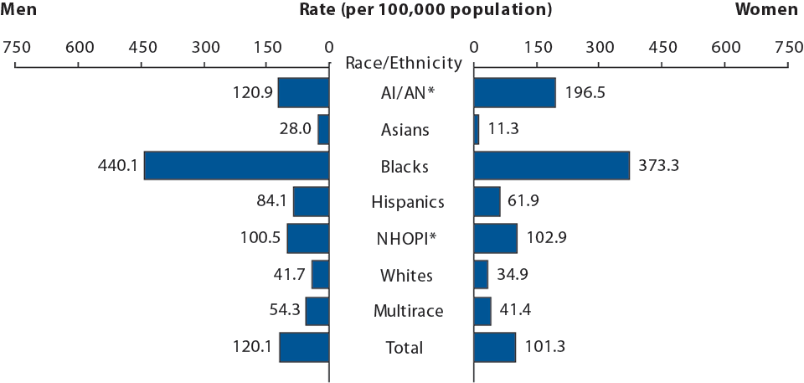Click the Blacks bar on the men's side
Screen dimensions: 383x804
click(236, 165)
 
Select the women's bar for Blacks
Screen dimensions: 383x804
click(552, 165)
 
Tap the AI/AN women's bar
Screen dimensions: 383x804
click(515, 93)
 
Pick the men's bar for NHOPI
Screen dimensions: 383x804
click(308, 238)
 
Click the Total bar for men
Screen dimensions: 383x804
click(304, 347)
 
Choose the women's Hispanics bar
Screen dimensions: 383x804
click(487, 202)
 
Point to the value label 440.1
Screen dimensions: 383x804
click(118, 166)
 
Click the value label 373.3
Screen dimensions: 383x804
click(656, 166)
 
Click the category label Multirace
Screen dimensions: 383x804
click(408, 312)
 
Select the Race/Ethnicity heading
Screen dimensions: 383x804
click(404, 63)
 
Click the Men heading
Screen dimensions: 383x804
click(19, 9)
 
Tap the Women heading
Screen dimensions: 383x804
click(766, 9)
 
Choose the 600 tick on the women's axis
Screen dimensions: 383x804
click(725, 47)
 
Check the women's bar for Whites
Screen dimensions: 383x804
click(481, 274)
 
